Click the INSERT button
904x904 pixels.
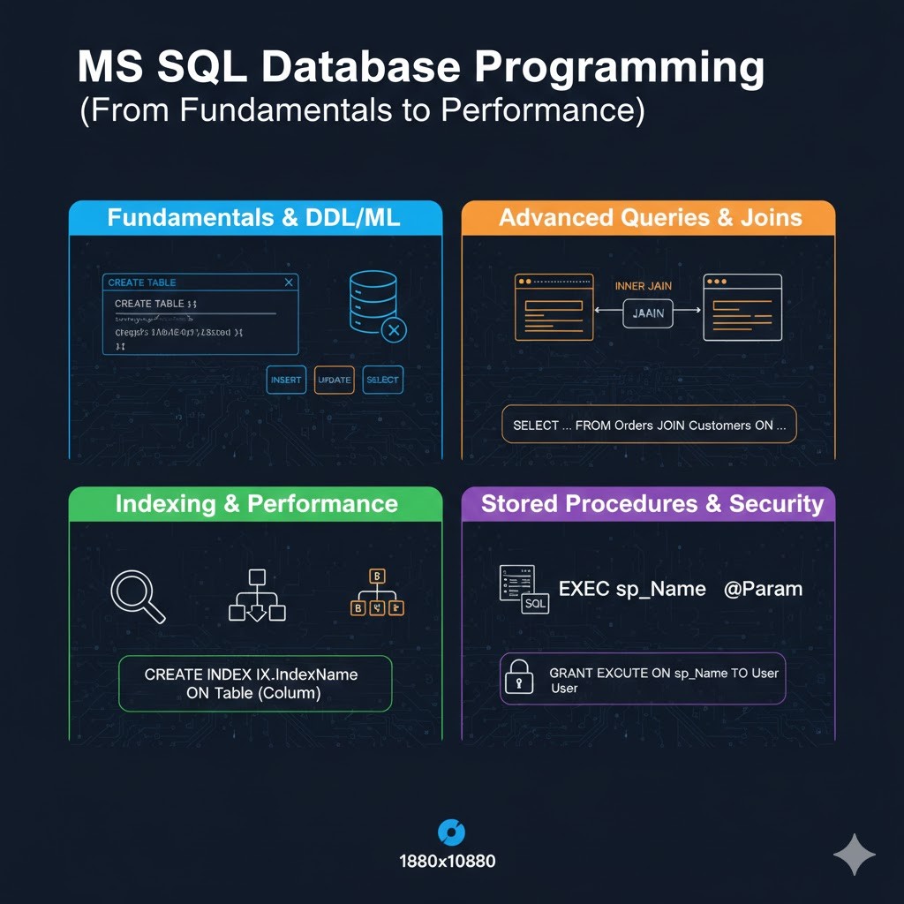(x=286, y=380)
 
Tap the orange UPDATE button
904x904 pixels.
(x=335, y=380)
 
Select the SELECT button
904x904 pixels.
(x=382, y=380)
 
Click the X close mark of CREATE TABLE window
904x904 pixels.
(x=289, y=282)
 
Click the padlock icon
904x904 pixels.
(x=519, y=679)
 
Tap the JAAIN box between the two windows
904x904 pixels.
(x=648, y=313)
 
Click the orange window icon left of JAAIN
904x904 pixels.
(x=553, y=307)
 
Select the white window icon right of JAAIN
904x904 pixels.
(x=742, y=307)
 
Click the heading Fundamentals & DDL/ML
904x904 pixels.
(x=254, y=218)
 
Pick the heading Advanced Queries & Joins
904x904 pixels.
(x=651, y=218)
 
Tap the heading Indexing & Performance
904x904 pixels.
(x=256, y=504)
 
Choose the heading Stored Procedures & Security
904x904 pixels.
(x=652, y=504)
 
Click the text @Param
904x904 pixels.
(x=763, y=589)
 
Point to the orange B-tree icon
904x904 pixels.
(x=377, y=593)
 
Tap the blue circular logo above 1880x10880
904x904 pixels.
(x=452, y=832)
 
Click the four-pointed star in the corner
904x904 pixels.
(x=855, y=854)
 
